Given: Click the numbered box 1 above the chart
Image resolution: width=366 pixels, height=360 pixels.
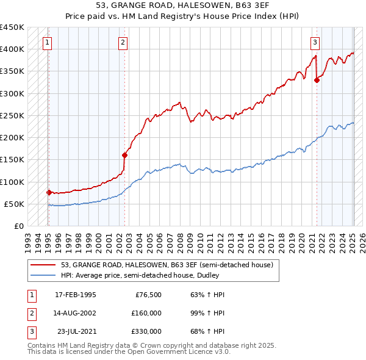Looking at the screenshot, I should pyautogui.click(x=48, y=42).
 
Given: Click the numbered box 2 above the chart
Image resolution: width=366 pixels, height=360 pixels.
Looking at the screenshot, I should pyautogui.click(x=123, y=42).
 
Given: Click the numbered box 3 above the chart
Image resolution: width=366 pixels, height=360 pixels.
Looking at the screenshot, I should pyautogui.click(x=315, y=42).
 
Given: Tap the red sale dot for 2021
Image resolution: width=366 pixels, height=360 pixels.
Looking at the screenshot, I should pyautogui.click(x=317, y=79).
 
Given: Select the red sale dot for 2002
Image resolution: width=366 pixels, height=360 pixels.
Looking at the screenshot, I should pyautogui.click(x=124, y=155).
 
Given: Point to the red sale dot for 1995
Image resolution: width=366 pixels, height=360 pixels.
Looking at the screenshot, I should pyautogui.click(x=49, y=192).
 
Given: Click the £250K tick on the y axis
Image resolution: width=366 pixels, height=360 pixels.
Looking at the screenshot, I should pyautogui.click(x=12, y=115).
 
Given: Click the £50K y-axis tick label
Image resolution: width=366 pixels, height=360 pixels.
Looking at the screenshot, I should pyautogui.click(x=14, y=204).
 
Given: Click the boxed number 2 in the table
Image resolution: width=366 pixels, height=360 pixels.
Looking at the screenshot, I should pyautogui.click(x=30, y=313).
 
